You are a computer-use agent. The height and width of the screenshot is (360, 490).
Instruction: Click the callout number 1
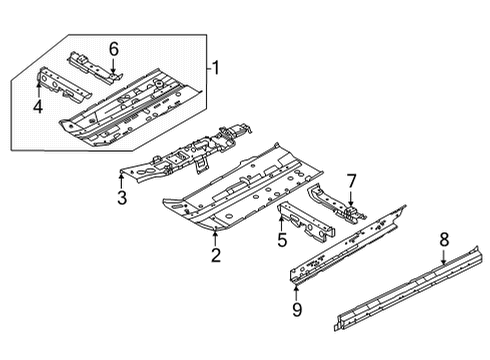coord(215,68)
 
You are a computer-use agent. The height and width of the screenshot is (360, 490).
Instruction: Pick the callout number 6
coord(113,49)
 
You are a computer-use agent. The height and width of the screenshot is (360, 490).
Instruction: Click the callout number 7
coord(351,181)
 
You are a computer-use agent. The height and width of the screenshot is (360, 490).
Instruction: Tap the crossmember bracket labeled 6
coord(95,66)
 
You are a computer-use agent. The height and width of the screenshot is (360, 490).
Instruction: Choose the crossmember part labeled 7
coord(335,203)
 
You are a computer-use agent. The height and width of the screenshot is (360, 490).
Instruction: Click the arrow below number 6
coord(113,66)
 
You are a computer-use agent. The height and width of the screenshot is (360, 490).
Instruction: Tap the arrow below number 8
coord(444,257)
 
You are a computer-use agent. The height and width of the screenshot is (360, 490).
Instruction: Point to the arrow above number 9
coord(295,292)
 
